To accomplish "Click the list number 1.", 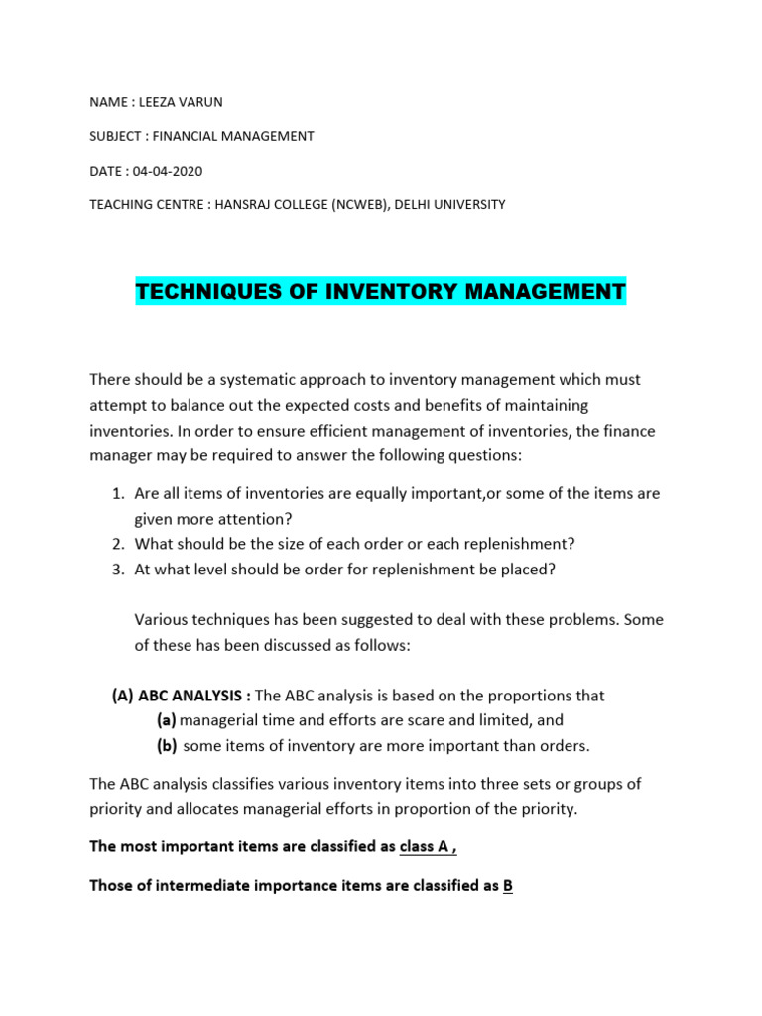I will point(116,493).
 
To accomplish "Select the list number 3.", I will point(116,569).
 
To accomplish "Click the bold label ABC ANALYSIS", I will point(193,696).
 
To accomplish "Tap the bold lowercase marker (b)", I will point(167,746).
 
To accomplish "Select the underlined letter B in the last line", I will point(507,886).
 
